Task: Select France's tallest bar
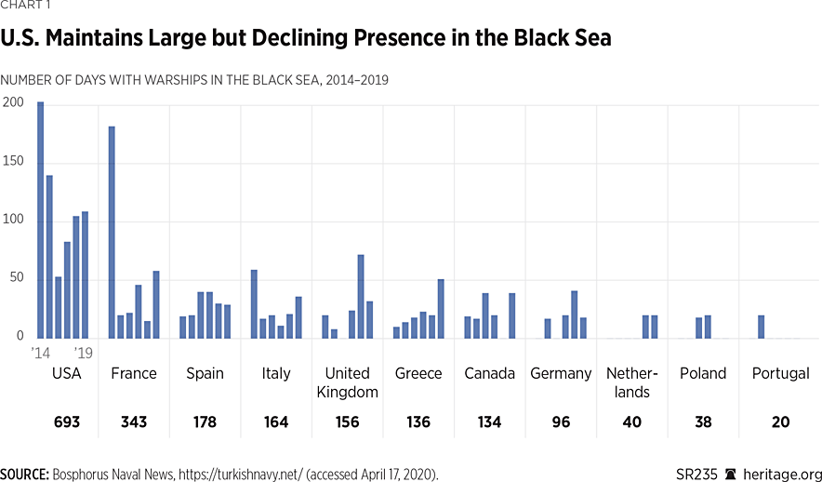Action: coord(113,233)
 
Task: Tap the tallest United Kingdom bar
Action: coord(361,296)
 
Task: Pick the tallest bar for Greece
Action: coord(441,309)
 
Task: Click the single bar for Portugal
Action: coord(761,327)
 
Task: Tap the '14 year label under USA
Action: coord(40,353)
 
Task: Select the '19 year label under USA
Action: coord(83,353)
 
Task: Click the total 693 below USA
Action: coord(67,422)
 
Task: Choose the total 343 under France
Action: coord(134,422)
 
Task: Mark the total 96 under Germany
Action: coord(561,422)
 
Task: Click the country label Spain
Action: coord(205,374)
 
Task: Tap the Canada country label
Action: coord(490,374)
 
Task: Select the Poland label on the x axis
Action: coord(703,374)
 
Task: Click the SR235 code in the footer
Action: coord(697,472)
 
